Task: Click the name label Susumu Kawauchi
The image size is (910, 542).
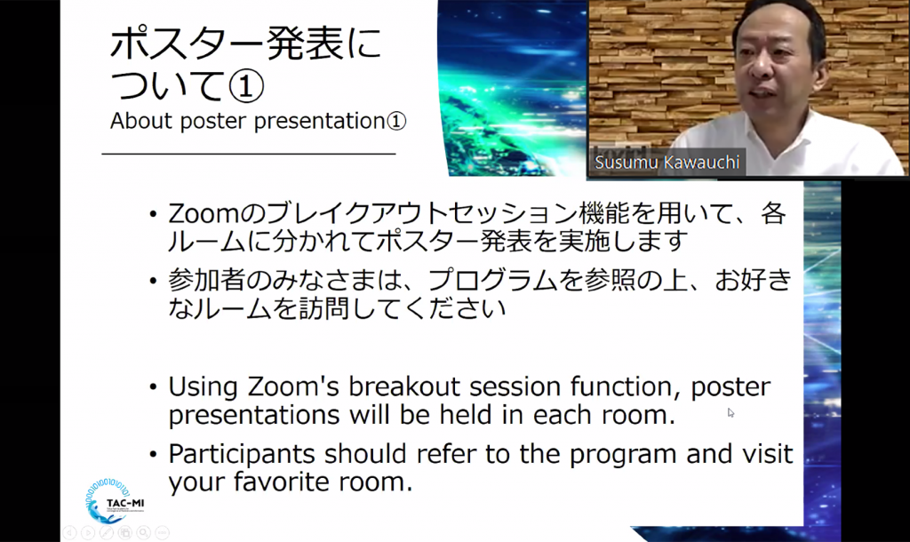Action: pyautogui.click(x=667, y=162)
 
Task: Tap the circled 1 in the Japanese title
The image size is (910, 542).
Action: pyautogui.click(x=246, y=86)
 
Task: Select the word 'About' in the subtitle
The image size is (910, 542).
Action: pyautogui.click(x=141, y=121)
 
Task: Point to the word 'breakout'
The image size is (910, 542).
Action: pyautogui.click(x=404, y=387)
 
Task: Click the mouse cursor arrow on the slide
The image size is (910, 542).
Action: pyautogui.click(x=730, y=412)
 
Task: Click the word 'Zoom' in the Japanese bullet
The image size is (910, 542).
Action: pyautogui.click(x=204, y=214)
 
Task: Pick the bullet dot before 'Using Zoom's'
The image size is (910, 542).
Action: pyautogui.click(x=153, y=387)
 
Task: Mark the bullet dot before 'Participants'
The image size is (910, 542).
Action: pyautogui.click(x=153, y=454)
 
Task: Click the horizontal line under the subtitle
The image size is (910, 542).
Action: pyautogui.click(x=249, y=154)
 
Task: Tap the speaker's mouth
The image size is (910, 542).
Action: pyautogui.click(x=757, y=92)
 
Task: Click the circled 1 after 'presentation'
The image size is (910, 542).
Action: pyautogui.click(x=396, y=121)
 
